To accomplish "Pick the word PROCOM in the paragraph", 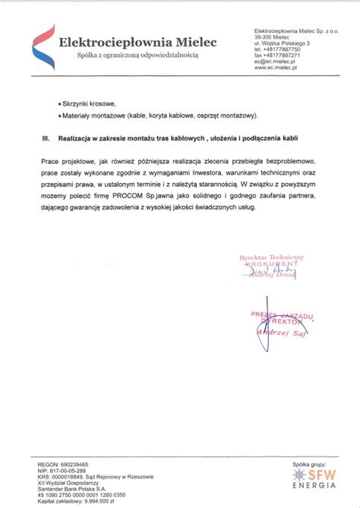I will (x=137, y=196).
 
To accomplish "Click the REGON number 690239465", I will (x=72, y=463).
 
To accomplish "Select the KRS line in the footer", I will (x=95, y=476).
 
